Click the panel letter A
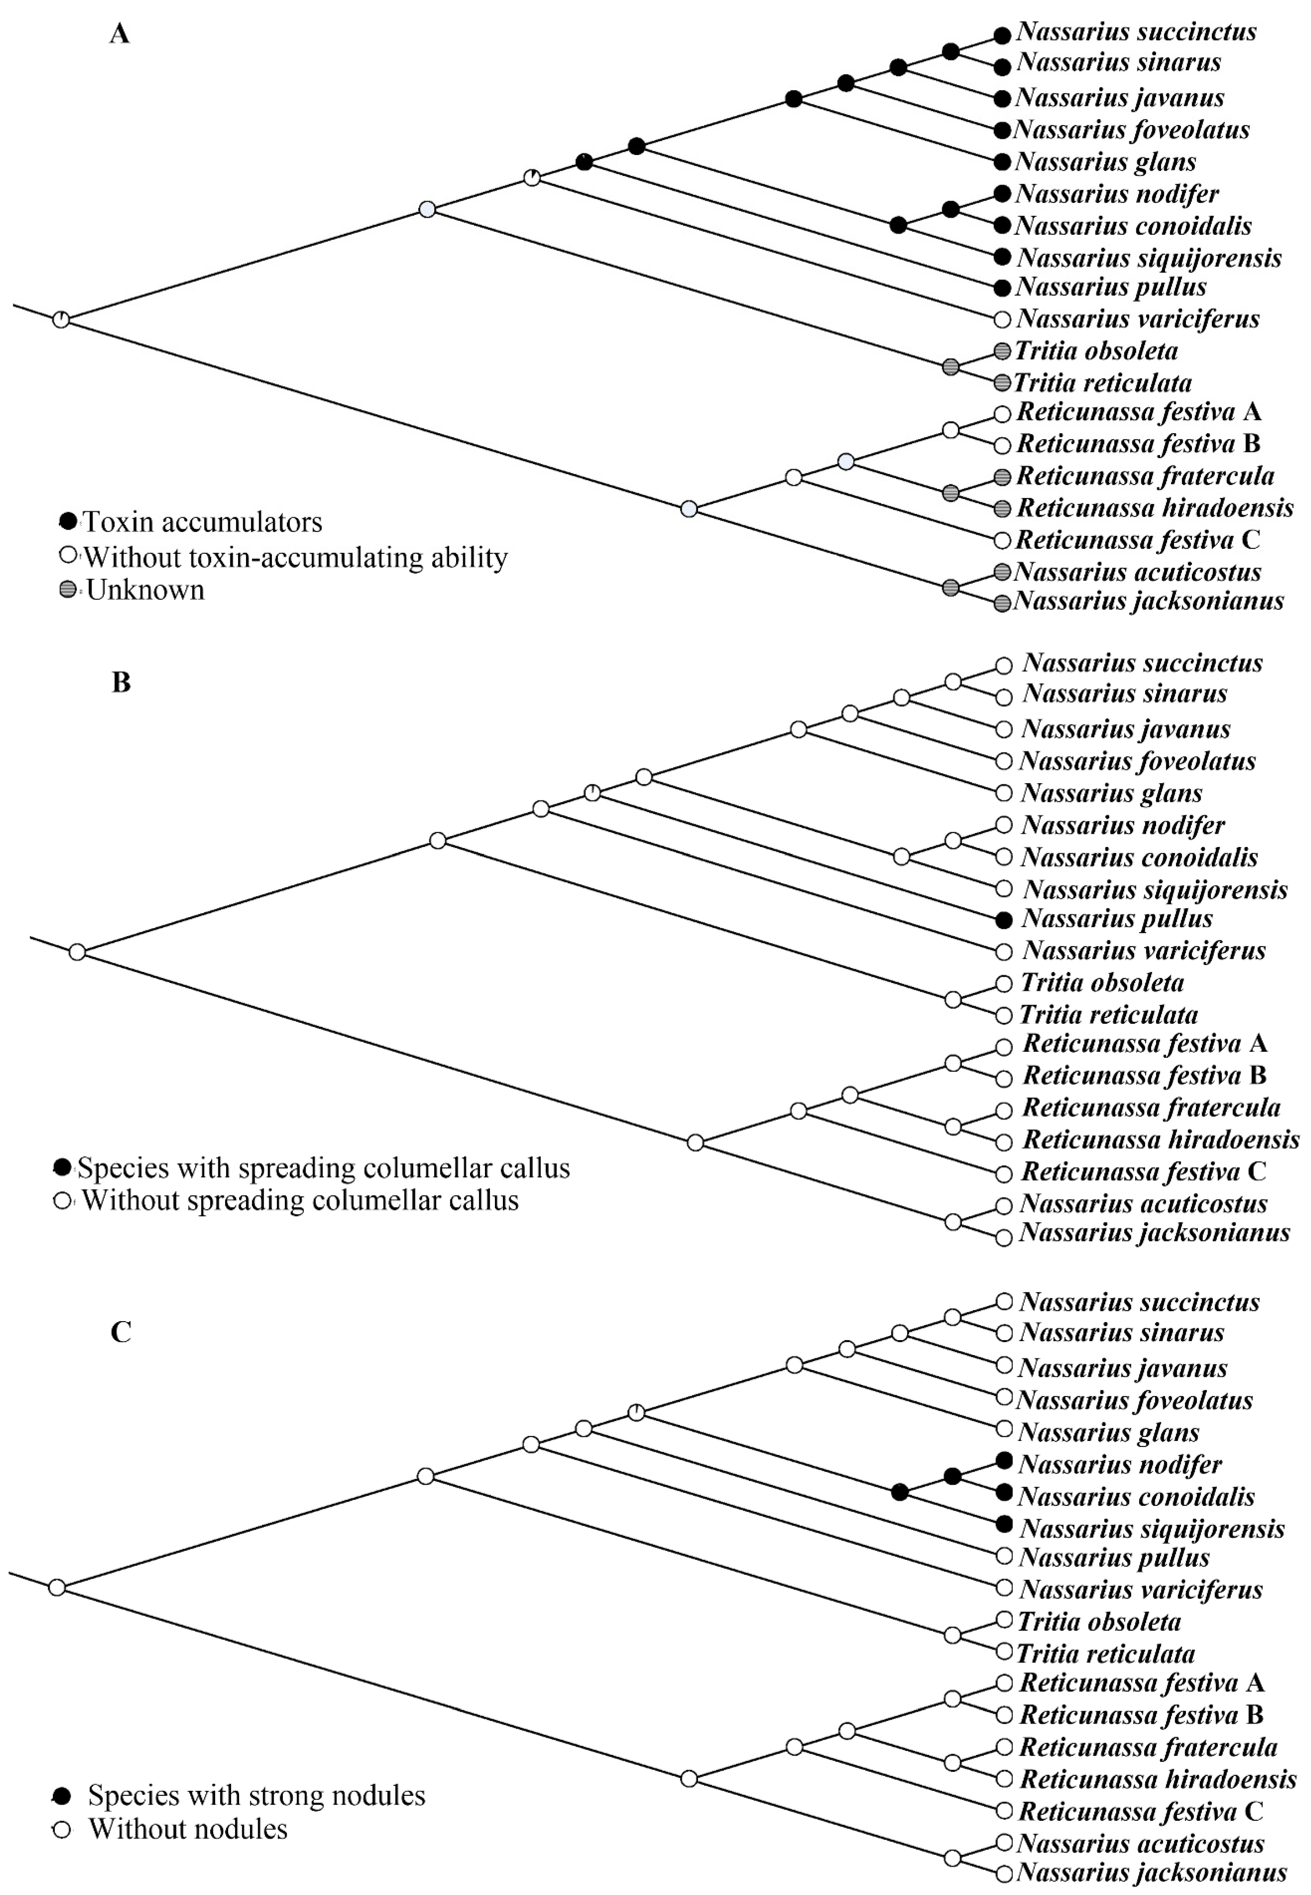pyautogui.click(x=120, y=34)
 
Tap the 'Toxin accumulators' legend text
pyautogui.click(x=202, y=522)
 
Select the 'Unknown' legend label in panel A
pyautogui.click(x=145, y=590)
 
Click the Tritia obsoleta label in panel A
pyautogui.click(x=1096, y=352)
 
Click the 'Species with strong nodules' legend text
pyautogui.click(x=256, y=1796)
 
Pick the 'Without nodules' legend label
pyautogui.click(x=188, y=1829)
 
